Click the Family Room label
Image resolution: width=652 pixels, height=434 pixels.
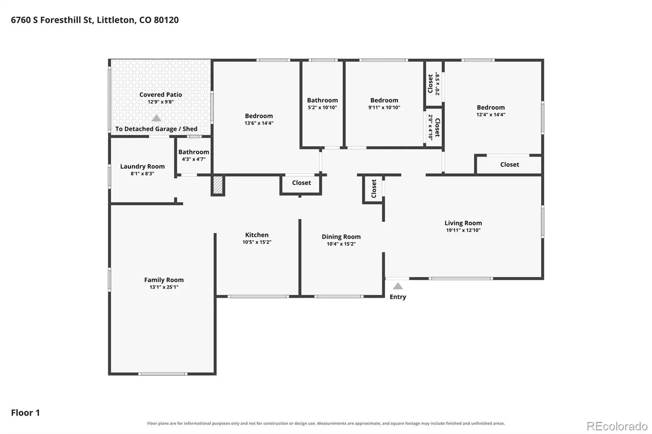click(x=164, y=280)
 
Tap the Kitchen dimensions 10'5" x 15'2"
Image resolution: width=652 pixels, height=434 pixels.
click(x=257, y=242)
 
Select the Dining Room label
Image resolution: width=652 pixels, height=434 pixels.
click(x=341, y=237)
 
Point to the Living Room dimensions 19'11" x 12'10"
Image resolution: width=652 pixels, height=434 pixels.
click(x=463, y=230)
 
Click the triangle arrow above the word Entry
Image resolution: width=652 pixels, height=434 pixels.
click(x=398, y=286)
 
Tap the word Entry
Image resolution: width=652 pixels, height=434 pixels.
click(x=398, y=297)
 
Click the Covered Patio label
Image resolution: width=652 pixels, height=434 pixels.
click(x=161, y=94)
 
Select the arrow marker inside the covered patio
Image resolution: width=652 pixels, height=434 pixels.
click(x=156, y=118)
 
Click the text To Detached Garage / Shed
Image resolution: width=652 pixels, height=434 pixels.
click(x=156, y=129)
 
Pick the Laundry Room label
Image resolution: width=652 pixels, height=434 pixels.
click(x=142, y=167)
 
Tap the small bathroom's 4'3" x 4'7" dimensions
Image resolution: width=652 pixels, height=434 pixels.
click(x=194, y=159)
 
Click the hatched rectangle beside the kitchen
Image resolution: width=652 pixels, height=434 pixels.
click(x=218, y=185)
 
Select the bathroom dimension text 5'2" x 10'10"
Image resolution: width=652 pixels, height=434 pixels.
click(x=322, y=107)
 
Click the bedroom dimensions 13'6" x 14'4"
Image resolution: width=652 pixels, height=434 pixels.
click(x=259, y=123)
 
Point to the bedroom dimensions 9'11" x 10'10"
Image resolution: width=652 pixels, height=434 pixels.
click(x=384, y=107)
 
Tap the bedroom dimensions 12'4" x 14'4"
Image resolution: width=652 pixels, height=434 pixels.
click(x=491, y=115)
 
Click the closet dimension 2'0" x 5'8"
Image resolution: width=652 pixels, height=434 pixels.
click(x=437, y=84)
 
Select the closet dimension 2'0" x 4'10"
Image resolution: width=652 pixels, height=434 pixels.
click(x=430, y=127)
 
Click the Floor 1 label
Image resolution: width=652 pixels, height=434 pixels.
click(x=25, y=413)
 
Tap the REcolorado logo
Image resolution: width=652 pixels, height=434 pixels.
click(x=617, y=426)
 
